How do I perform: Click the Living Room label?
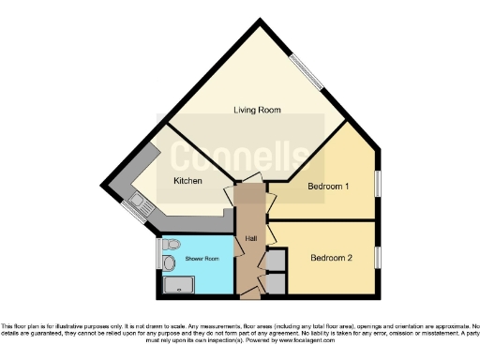[257, 110]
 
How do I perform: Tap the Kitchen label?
[187, 180]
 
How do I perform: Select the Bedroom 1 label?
[328, 186]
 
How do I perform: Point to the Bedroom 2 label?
[331, 258]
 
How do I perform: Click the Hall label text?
[251, 238]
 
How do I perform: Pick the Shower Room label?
[201, 258]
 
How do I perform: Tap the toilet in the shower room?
[170, 245]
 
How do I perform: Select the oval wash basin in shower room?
[169, 263]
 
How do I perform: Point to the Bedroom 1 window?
[378, 183]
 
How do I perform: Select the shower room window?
[157, 255]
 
